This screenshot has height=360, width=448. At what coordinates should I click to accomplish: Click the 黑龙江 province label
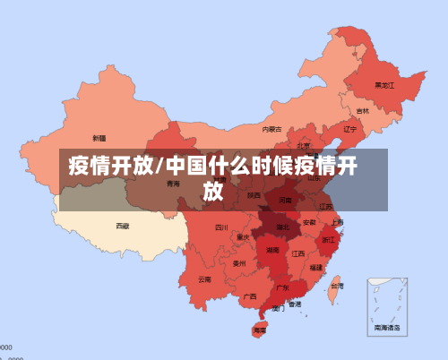[x=384, y=85]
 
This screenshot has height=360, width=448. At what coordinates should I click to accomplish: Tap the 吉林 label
[x=362, y=111]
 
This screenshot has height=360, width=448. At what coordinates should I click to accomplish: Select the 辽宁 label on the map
[x=350, y=128]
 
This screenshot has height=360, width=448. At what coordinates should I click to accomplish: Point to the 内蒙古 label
[x=271, y=129]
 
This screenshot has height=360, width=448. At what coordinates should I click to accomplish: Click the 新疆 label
[x=99, y=138]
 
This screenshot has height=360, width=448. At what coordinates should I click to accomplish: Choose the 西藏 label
[x=122, y=226]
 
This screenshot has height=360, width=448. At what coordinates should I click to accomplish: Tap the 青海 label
[x=173, y=184]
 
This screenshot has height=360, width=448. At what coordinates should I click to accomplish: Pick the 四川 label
[x=221, y=227]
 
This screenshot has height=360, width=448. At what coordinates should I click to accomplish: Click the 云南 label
[x=205, y=279]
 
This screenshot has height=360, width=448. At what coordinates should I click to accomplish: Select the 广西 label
[x=250, y=296]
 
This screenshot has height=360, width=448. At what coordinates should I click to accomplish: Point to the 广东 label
[x=282, y=287]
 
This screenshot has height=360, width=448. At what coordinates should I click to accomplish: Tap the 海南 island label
[x=259, y=330]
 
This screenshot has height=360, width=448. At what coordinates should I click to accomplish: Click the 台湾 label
[x=336, y=286]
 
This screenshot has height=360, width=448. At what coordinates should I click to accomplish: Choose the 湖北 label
[x=283, y=227]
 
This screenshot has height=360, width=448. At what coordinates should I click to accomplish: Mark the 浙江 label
[x=329, y=240]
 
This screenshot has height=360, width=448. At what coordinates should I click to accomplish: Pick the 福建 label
[x=316, y=267]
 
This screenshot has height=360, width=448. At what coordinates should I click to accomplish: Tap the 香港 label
[x=294, y=304]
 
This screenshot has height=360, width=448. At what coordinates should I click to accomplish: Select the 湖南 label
[x=271, y=252]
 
